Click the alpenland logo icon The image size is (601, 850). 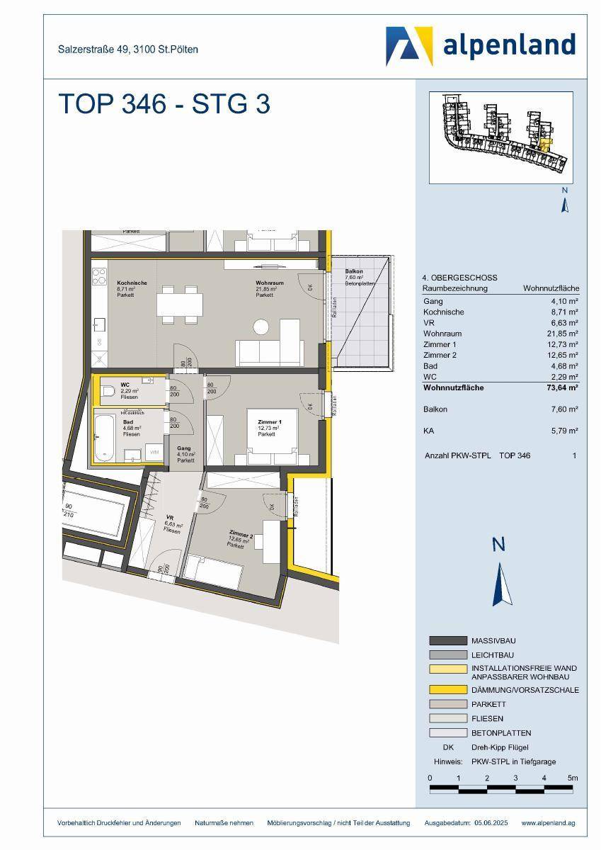point(409,46)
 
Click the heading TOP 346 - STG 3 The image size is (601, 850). point(164,104)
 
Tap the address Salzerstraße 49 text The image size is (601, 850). point(127,49)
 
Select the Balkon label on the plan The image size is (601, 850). point(354,272)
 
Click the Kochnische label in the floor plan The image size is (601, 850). point(132,282)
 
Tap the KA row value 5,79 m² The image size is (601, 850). point(564,430)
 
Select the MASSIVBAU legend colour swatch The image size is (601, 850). point(447,640)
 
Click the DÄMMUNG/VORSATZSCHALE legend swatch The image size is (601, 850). point(447,690)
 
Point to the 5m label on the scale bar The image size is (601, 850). point(573,778)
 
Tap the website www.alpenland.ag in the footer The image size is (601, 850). point(548,822)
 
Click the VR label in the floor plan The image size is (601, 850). point(169,517)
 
